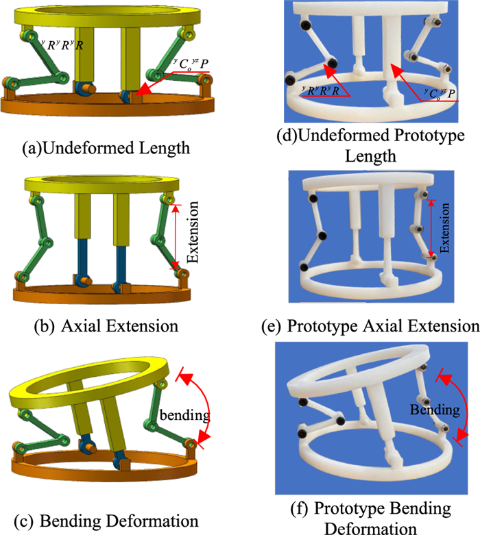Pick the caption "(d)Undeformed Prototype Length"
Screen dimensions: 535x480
pos(381,148)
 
